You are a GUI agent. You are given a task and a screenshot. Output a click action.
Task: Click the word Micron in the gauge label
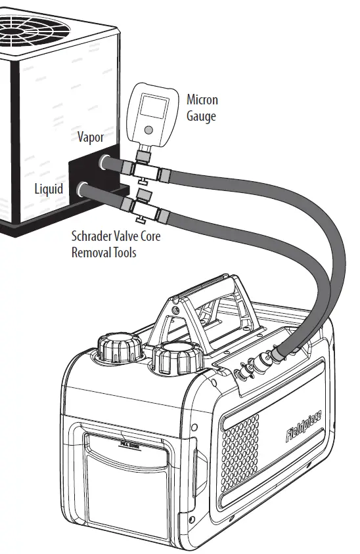202,100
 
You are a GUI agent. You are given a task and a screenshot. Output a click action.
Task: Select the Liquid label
49,189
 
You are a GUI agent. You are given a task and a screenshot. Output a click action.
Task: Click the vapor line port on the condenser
105,161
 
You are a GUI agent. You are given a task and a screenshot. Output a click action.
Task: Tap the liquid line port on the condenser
83,190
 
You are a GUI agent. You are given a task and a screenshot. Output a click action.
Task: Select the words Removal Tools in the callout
104,252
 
